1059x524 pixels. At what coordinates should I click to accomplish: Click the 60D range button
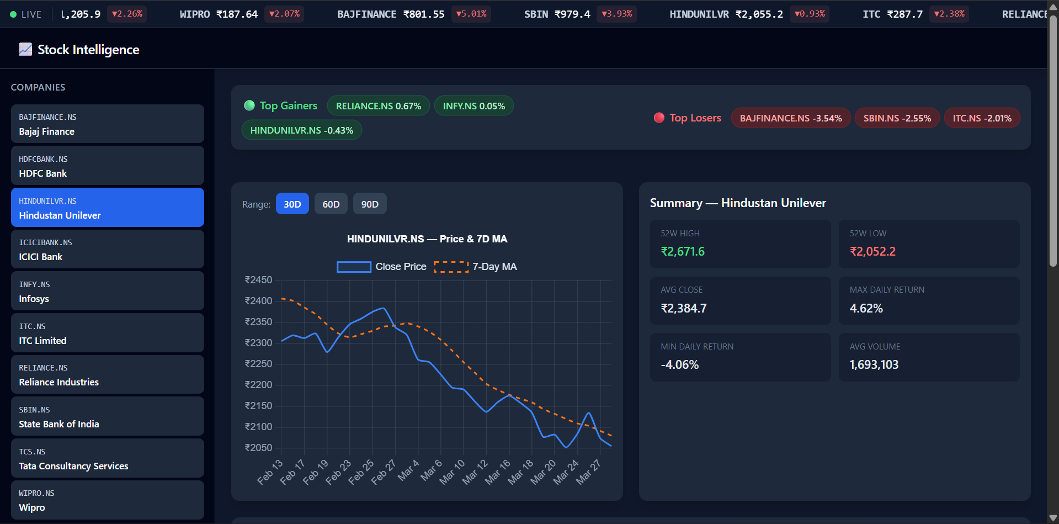pyautogui.click(x=331, y=204)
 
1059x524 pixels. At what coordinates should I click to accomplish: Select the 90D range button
pyautogui.click(x=370, y=204)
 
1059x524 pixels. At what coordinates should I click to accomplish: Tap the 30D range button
pyautogui.click(x=292, y=204)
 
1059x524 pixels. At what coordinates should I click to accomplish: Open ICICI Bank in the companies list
pyautogui.click(x=108, y=249)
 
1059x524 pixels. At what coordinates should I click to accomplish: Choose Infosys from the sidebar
pyautogui.click(x=108, y=291)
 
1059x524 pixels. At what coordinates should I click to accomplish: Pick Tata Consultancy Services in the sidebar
pyautogui.click(x=108, y=458)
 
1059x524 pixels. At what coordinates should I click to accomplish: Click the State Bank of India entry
pyautogui.click(x=108, y=416)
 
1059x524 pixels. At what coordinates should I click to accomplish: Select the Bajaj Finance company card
pyautogui.click(x=108, y=124)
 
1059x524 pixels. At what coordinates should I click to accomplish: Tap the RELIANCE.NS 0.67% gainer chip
pyautogui.click(x=379, y=106)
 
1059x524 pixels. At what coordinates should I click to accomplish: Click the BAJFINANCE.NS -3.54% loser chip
pyautogui.click(x=791, y=118)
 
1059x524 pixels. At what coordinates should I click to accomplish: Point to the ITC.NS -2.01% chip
pyautogui.click(x=982, y=118)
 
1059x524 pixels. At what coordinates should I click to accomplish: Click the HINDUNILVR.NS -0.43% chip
pyautogui.click(x=302, y=130)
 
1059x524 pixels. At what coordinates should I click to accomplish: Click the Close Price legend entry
pyautogui.click(x=382, y=267)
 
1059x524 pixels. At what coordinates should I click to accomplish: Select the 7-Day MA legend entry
pyautogui.click(x=476, y=267)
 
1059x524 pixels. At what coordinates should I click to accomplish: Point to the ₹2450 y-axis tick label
pyautogui.click(x=258, y=280)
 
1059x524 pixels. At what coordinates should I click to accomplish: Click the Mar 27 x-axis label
pyautogui.click(x=588, y=472)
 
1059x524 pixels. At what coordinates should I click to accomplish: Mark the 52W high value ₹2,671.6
pyautogui.click(x=683, y=252)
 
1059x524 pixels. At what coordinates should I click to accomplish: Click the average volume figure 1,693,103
pyautogui.click(x=874, y=364)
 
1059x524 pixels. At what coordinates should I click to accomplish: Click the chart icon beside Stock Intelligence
pyautogui.click(x=25, y=49)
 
